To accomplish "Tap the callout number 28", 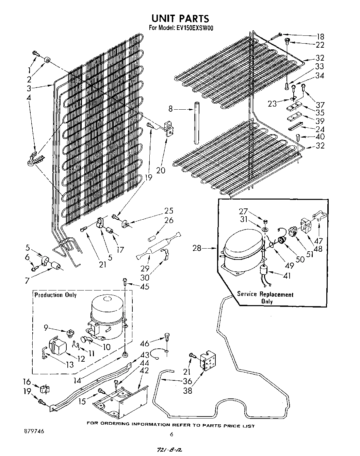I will [x=197, y=248].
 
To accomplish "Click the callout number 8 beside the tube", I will [x=171, y=109].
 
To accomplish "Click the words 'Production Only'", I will [x=55, y=295].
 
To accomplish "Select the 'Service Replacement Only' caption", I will [x=265, y=297].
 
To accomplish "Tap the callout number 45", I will [x=145, y=286].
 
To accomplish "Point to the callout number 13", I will [x=70, y=364].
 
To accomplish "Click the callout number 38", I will [x=187, y=391].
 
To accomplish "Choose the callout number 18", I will [x=320, y=37].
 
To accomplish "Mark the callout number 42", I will [x=145, y=370].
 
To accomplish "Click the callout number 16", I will [x=27, y=382].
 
